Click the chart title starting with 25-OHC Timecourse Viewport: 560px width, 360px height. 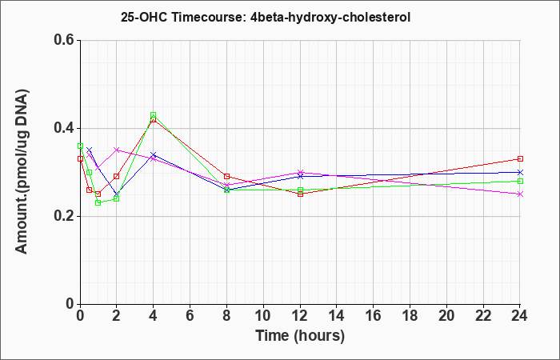click(x=266, y=17)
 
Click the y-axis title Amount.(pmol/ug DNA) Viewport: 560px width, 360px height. click(x=22, y=172)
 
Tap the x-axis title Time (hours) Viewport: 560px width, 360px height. click(x=300, y=336)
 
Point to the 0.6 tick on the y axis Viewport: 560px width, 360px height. click(x=66, y=40)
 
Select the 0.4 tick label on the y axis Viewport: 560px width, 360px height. click(x=66, y=128)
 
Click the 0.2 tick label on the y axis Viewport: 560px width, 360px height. click(x=66, y=216)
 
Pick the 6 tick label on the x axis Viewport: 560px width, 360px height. click(x=190, y=316)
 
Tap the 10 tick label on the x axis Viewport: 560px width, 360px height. click(x=263, y=316)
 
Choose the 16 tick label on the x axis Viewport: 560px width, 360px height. click(x=374, y=316)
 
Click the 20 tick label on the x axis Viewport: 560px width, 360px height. click(x=446, y=316)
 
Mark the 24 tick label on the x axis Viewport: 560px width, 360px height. click(x=519, y=316)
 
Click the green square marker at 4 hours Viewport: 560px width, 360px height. click(x=154, y=115)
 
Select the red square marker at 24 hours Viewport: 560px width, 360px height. click(x=520, y=159)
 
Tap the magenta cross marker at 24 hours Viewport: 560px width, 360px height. click(x=520, y=194)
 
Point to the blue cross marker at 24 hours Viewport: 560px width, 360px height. click(x=520, y=172)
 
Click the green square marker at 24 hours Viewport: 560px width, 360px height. click(x=520, y=181)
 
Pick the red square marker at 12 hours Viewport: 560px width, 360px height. click(x=300, y=194)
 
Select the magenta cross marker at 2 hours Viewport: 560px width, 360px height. click(x=117, y=150)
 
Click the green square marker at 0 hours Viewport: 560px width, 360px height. click(x=80, y=146)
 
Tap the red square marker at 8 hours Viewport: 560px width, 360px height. click(x=226, y=177)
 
